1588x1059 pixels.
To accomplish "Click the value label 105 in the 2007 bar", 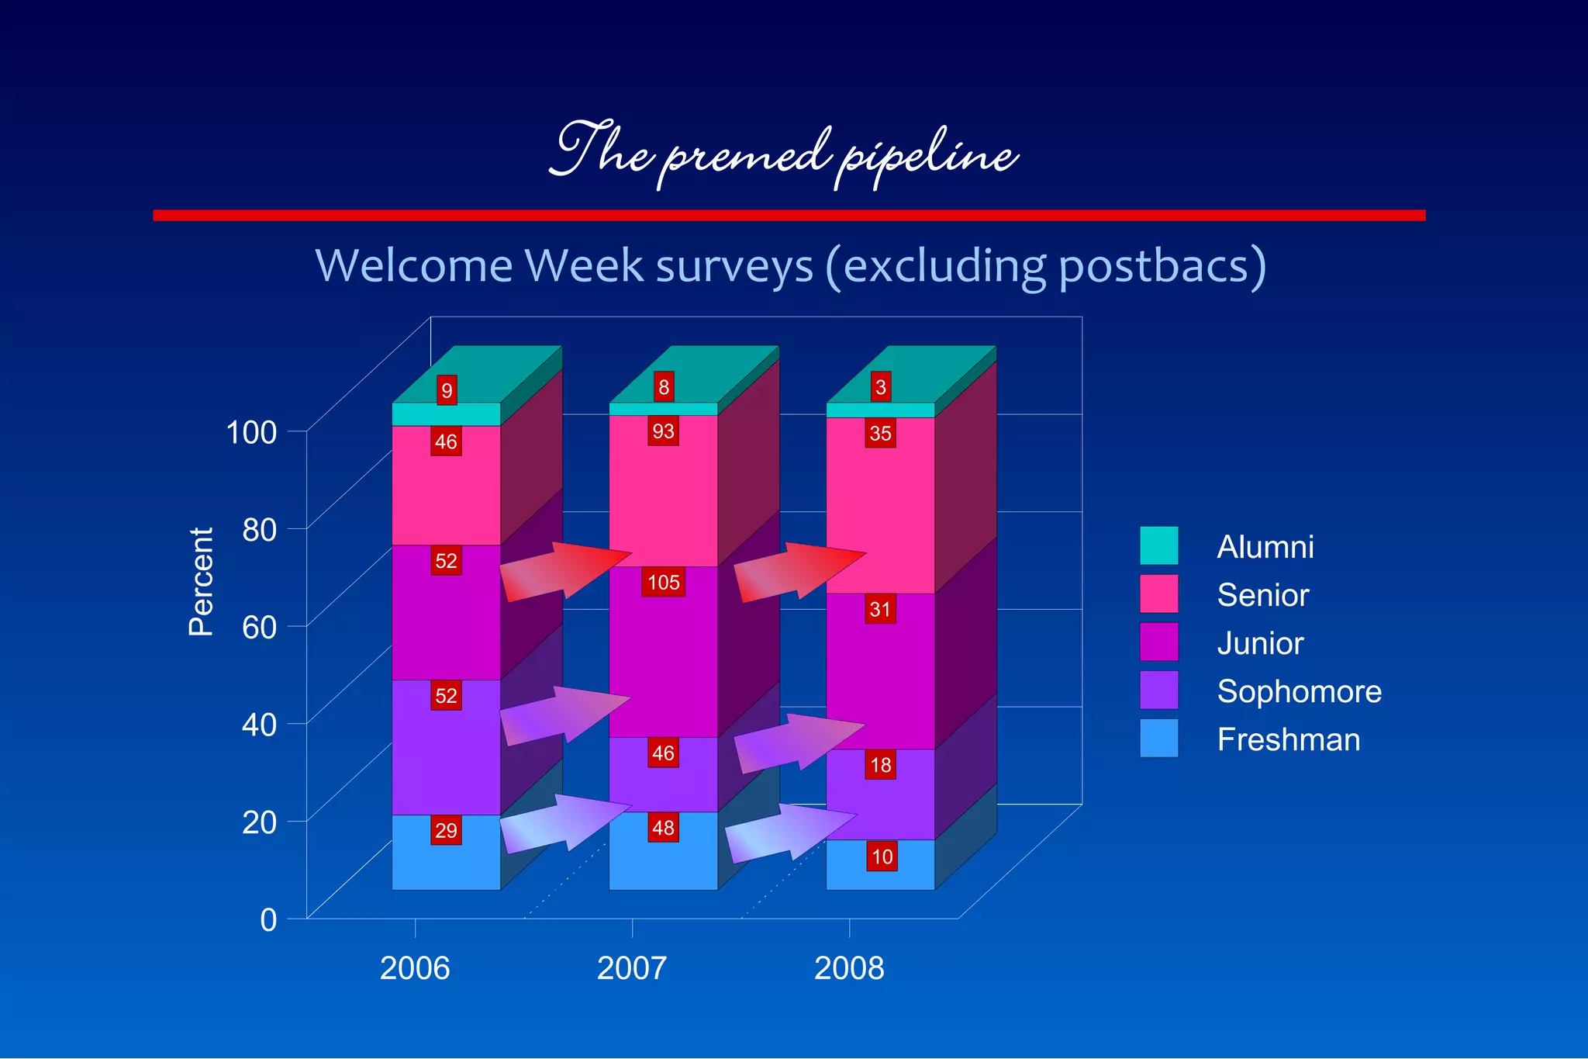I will (663, 582).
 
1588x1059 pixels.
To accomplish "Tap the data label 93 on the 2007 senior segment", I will (663, 431).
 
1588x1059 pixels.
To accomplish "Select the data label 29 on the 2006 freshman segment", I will (446, 830).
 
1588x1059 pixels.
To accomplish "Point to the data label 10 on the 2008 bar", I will (882, 857).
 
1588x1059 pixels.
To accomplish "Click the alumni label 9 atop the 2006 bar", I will (447, 390).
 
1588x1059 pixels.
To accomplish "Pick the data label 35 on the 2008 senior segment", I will (880, 433).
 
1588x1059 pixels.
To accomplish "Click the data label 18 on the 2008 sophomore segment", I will (880, 765).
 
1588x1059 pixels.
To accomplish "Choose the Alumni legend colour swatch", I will (1158, 545).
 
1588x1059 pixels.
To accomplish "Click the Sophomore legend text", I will (1299, 691).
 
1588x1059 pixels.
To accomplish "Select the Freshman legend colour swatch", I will (1158, 738).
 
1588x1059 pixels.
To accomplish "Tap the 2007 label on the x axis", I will (631, 968).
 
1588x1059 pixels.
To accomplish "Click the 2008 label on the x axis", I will (849, 968).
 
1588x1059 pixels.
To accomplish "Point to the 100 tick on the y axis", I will (250, 432).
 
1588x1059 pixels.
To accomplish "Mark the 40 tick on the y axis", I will (259, 725).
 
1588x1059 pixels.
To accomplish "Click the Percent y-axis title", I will (201, 582).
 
